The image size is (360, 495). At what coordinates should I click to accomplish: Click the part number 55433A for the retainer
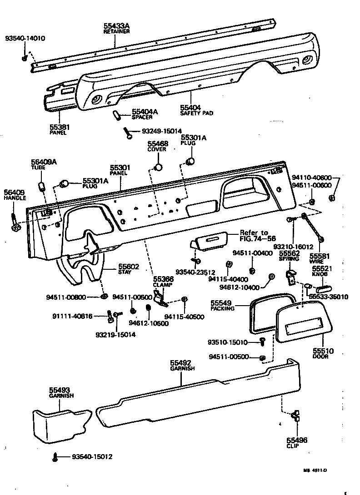click(116, 26)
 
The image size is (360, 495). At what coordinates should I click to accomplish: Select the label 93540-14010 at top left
click(25, 39)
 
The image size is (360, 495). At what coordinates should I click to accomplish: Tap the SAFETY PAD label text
click(196, 113)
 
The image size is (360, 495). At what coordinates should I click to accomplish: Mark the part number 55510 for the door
click(323, 351)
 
